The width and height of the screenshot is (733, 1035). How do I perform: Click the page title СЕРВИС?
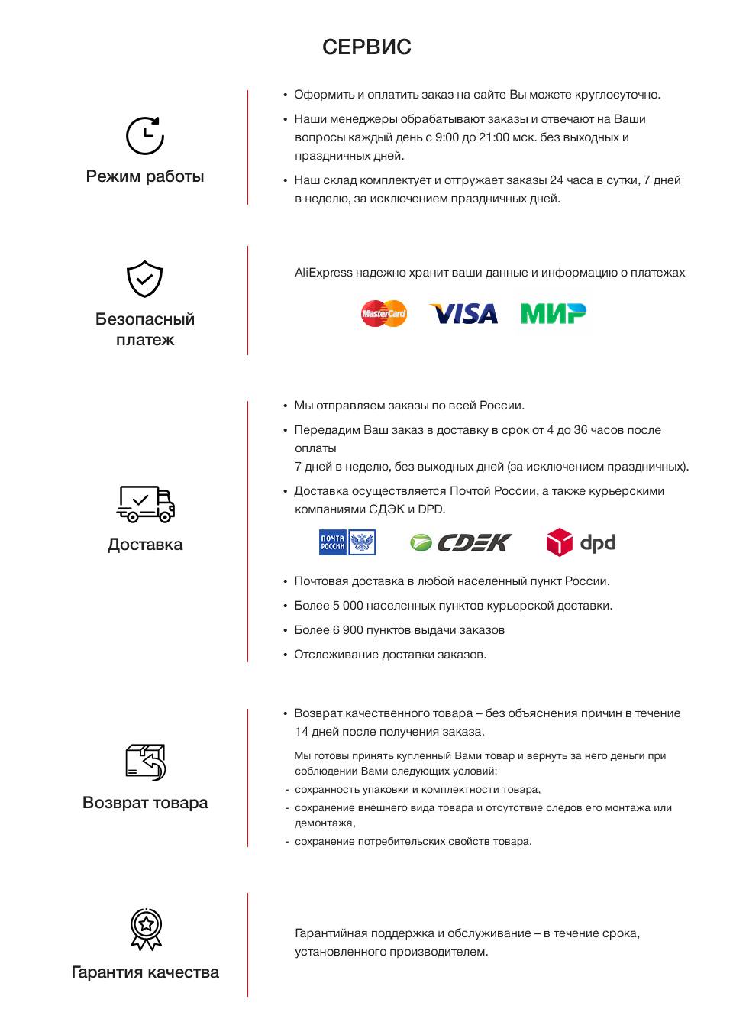click(366, 47)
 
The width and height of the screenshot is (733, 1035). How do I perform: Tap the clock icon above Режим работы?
click(145, 136)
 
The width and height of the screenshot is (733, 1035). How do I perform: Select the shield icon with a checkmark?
click(144, 279)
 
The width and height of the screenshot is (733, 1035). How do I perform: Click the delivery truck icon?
click(145, 504)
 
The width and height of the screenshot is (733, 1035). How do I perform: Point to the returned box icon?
click(145, 762)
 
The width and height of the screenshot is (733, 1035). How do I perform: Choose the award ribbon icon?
click(146, 929)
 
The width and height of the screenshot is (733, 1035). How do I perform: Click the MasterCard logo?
click(384, 313)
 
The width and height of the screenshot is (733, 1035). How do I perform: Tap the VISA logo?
click(463, 314)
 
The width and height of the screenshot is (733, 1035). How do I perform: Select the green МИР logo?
click(554, 313)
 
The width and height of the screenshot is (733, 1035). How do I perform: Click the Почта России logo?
click(347, 542)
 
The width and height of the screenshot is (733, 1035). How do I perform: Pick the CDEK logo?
click(460, 542)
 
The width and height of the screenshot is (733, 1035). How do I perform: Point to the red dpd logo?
click(581, 542)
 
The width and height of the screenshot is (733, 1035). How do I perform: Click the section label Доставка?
click(145, 545)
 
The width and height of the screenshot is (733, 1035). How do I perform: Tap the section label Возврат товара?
click(145, 803)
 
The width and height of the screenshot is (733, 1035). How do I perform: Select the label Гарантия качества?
click(145, 972)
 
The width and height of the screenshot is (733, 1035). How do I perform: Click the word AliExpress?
click(324, 273)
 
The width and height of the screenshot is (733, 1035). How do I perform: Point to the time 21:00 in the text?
click(494, 137)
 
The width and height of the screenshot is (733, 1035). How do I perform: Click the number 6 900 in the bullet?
click(348, 630)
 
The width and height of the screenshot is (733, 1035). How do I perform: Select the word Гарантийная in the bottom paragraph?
click(332, 933)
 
